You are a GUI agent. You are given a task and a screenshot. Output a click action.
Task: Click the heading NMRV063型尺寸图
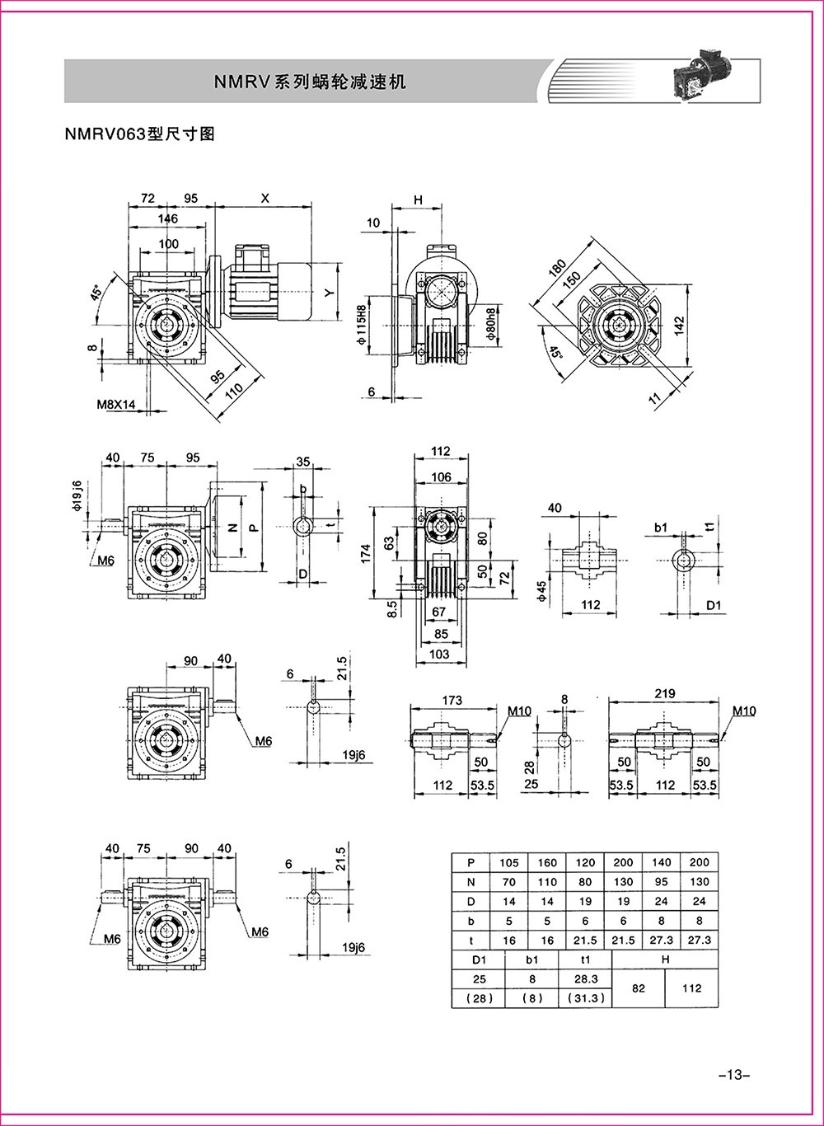(140, 134)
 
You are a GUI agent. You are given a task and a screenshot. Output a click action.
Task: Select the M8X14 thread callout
(116, 404)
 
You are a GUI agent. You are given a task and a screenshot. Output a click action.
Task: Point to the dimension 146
(167, 218)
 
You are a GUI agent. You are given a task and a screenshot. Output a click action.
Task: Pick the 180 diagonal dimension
(557, 268)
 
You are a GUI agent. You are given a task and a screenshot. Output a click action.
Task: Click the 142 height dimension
(679, 326)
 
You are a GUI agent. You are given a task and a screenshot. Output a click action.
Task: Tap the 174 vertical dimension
(366, 553)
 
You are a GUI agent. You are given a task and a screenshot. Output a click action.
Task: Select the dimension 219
(665, 694)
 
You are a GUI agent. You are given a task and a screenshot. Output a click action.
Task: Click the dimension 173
(452, 700)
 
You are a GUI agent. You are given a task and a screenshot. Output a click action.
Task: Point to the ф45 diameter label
(541, 592)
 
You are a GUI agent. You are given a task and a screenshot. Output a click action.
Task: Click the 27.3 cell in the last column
(699, 940)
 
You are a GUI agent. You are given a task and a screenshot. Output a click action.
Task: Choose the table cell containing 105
(509, 862)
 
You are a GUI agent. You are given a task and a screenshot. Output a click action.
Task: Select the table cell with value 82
(639, 988)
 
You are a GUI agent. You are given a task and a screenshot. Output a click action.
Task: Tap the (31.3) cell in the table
(585, 997)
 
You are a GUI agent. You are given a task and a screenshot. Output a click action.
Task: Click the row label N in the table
(471, 882)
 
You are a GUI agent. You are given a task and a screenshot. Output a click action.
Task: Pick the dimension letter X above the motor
(265, 198)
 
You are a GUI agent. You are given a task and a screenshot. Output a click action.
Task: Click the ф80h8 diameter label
(493, 326)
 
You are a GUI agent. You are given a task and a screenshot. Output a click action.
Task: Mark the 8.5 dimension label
(393, 608)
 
